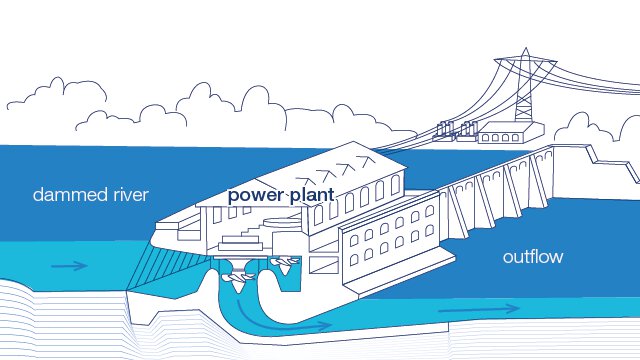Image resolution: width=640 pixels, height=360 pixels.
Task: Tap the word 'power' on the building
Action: pos(255,195)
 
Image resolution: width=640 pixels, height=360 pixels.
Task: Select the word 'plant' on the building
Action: pos(309,195)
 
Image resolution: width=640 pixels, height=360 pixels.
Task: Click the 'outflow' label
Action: pos(533,257)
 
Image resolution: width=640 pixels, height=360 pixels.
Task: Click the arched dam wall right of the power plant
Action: pos(500,190)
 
